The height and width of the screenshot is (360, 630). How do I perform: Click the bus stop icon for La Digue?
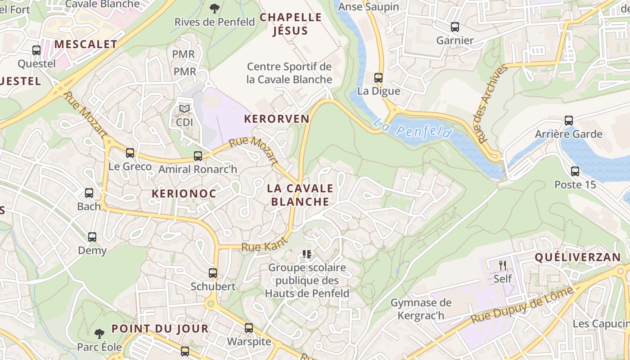point(378,78)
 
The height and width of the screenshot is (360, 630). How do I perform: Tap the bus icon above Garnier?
point(455,27)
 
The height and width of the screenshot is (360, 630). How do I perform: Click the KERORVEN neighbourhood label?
point(276,119)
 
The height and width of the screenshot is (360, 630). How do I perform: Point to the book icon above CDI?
point(184,109)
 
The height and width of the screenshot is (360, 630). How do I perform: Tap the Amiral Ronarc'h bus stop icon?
point(198,156)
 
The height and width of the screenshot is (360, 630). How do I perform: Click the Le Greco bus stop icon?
point(130,153)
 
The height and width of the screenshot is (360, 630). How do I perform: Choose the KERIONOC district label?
point(184,194)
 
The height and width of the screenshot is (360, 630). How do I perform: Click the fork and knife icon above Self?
point(503,265)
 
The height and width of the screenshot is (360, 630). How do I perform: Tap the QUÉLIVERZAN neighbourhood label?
point(577,257)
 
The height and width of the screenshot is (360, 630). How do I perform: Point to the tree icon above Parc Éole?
point(99,333)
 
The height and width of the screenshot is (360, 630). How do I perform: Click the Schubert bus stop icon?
point(213,273)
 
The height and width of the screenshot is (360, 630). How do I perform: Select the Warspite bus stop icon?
point(249,328)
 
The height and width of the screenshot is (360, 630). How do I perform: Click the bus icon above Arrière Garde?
point(569,121)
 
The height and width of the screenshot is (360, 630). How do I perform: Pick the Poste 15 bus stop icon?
point(575,171)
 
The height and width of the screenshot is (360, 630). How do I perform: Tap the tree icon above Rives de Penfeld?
point(215,8)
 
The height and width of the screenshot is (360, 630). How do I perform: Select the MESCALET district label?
point(86,45)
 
